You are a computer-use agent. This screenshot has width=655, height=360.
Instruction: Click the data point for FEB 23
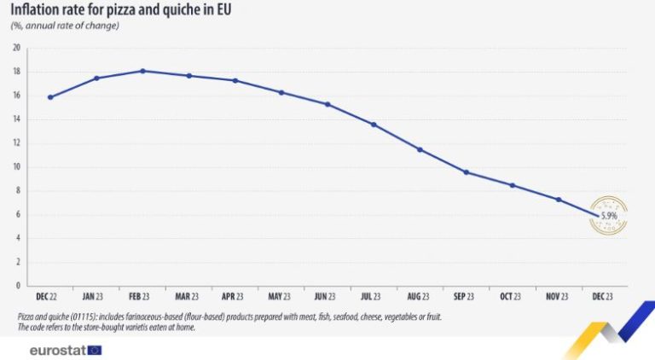pyautogui.click(x=142, y=71)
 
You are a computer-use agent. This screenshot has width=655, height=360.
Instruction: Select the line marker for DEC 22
pyautogui.click(x=50, y=97)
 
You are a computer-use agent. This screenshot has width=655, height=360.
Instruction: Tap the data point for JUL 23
pyautogui.click(x=374, y=125)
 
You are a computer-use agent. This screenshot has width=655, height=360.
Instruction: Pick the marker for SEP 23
pyautogui.click(x=466, y=172)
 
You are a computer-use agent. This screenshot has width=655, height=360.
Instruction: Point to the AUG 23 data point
pyautogui.click(x=420, y=149)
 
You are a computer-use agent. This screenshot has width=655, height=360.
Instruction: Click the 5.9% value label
pyautogui.click(x=609, y=216)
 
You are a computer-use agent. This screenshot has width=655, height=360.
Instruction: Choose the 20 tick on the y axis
pyautogui.click(x=16, y=48)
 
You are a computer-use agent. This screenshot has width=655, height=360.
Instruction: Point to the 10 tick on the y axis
pyautogui.click(x=16, y=166)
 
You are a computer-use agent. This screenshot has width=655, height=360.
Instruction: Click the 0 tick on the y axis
pyautogui.click(x=18, y=286)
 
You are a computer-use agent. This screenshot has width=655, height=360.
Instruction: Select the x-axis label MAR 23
pyautogui.click(x=188, y=296)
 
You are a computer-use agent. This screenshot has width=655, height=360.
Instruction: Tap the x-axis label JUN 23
pyautogui.click(x=327, y=296)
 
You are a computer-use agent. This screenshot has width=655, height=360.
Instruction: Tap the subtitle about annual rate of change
pyautogui.click(x=65, y=26)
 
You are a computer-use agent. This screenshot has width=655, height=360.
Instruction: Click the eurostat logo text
pyautogui.click(x=55, y=350)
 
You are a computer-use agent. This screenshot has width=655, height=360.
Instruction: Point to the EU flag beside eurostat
pyautogui.click(x=94, y=350)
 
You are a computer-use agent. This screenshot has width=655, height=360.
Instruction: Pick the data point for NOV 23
pyautogui.click(x=558, y=200)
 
